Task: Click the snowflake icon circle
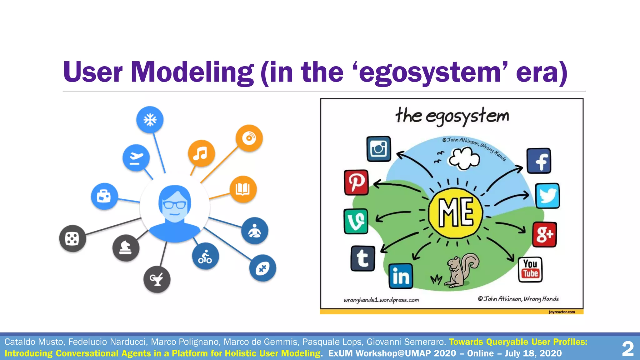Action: [150, 120]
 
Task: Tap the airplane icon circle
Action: [136, 157]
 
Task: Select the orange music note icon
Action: [201, 153]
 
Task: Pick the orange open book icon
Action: [243, 189]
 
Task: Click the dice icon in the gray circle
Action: [72, 239]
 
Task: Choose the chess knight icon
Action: [126, 248]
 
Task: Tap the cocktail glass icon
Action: [157, 279]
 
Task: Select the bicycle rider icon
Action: [205, 256]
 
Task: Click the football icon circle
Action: [262, 268]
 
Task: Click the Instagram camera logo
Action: [378, 149]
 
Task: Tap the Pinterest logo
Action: [356, 182]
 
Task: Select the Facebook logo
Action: [539, 161]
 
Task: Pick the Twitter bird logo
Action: [547, 196]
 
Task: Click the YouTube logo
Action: [530, 269]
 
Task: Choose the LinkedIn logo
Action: [401, 276]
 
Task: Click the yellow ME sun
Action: [456, 213]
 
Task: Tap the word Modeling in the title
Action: [192, 72]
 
